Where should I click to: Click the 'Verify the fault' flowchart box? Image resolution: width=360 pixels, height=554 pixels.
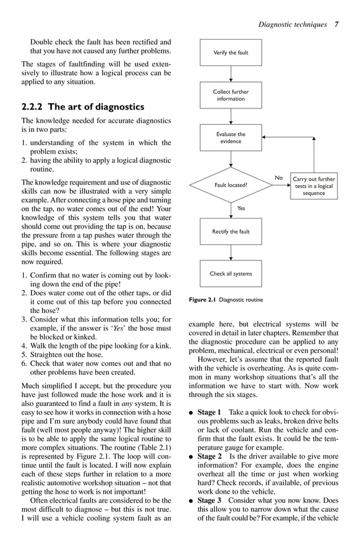pos(231,53)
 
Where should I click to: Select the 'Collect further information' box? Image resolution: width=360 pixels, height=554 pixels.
pos(231,95)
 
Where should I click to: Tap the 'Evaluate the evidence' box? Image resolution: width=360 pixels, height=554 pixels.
pos(231,138)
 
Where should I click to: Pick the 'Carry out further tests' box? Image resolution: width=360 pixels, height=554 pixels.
pos(314,186)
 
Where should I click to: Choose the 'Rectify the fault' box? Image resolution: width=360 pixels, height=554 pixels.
pos(231,232)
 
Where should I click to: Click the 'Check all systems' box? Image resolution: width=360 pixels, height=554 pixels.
pos(231,274)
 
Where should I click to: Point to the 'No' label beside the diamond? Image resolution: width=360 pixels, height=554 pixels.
pos(279,178)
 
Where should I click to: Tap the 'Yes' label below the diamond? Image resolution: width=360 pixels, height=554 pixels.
pos(241,208)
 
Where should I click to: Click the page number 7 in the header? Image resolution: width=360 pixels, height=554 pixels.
pos(336,24)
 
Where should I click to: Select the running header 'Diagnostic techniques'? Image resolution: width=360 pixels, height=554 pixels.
pos(292,24)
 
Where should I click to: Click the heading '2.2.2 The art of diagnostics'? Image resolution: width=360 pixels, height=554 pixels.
pos(82,107)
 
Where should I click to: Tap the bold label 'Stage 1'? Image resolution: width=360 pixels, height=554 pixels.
pos(209,412)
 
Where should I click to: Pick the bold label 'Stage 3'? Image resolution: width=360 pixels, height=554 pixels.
pos(209,500)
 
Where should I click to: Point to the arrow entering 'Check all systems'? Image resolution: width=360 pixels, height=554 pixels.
pos(231,252)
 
